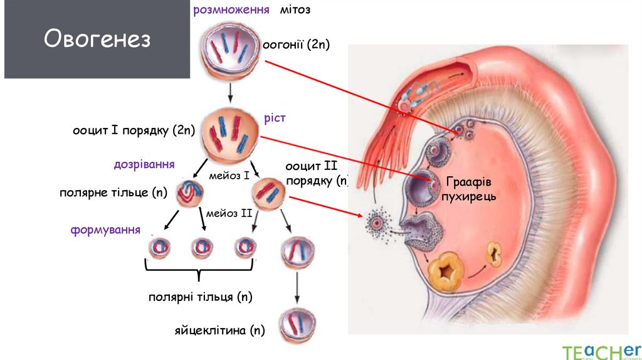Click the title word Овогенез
(97, 40)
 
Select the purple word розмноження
(231, 10)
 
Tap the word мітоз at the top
(296, 10)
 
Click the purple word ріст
(274, 117)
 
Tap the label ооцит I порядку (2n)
(134, 131)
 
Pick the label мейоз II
(228, 213)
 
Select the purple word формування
(105, 230)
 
